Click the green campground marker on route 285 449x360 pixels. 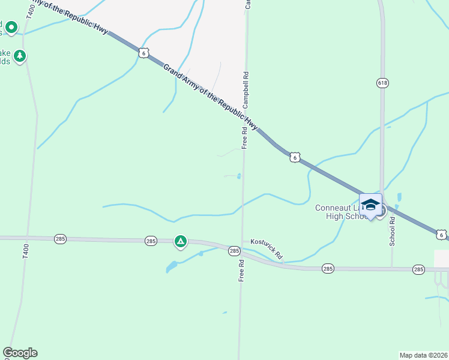tap(180, 242)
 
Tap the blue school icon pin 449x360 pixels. tap(370, 205)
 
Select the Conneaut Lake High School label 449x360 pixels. tap(340, 212)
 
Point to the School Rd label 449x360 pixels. tap(393, 231)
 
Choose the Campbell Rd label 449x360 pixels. tap(246, 90)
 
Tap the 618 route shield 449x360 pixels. tap(382, 82)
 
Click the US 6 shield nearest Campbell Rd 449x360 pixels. tap(143, 53)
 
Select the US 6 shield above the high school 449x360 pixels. tap(294, 157)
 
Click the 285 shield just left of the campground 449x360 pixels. tap(151, 241)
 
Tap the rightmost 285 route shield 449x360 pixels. tap(418, 270)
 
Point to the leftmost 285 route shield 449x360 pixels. tap(60, 239)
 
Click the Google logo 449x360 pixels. tap(20, 353)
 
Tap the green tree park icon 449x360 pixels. tap(20, 56)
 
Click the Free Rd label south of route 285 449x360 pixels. tap(241, 271)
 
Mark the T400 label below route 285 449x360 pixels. tap(25, 251)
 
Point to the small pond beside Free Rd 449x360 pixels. tap(239, 176)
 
